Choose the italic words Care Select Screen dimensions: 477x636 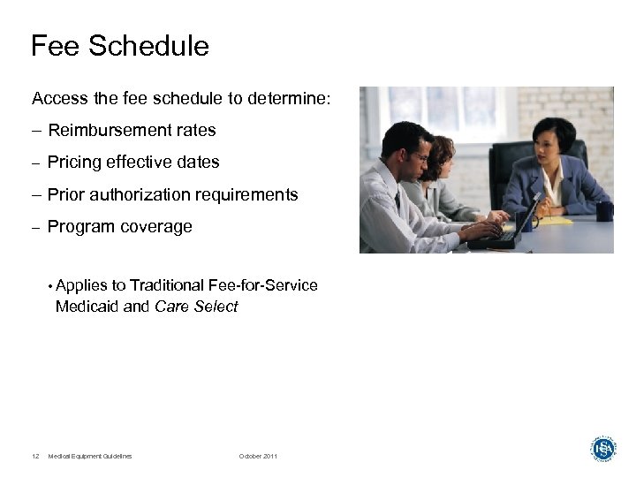[196, 307]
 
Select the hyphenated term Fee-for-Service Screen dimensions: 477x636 [262, 285]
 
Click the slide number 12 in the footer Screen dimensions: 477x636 [34, 456]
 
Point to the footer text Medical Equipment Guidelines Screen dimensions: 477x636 [90, 456]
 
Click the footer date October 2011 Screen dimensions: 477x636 [258, 456]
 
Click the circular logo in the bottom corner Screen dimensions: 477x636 [602, 448]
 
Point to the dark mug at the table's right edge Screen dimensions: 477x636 [604, 211]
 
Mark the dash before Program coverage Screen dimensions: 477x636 [35, 227]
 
